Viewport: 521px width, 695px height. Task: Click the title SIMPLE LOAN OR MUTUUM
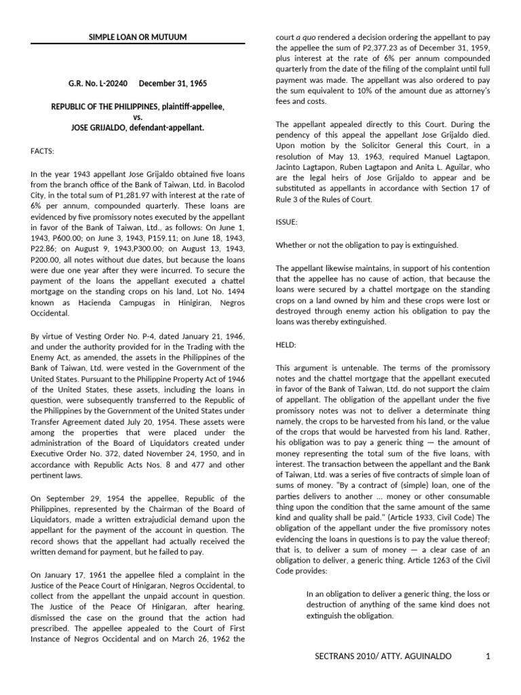(x=138, y=37)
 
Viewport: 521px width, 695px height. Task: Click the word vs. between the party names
(x=138, y=117)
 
